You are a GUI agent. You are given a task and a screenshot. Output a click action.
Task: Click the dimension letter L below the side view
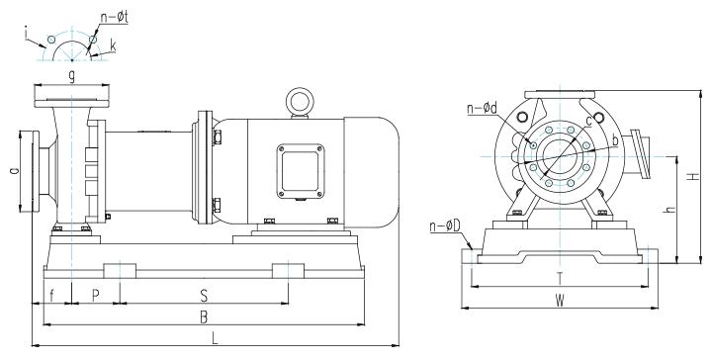pyautogui.click(x=216, y=338)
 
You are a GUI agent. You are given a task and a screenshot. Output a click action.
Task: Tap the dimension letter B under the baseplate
pyautogui.click(x=204, y=317)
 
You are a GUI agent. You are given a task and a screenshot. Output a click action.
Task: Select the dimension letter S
pyautogui.click(x=204, y=296)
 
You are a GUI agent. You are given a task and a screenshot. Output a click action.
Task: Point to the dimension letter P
pyautogui.click(x=95, y=296)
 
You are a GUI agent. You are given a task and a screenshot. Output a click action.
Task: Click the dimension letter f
pyautogui.click(x=51, y=296)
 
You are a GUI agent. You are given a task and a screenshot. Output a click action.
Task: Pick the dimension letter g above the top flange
pyautogui.click(x=72, y=77)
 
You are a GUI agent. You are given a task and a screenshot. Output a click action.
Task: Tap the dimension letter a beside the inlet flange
pyautogui.click(x=14, y=171)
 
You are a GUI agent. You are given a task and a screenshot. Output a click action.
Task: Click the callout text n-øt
pyautogui.click(x=114, y=18)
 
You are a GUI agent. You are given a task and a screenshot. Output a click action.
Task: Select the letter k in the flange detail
pyautogui.click(x=113, y=45)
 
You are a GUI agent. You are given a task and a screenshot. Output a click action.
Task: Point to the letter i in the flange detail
pyautogui.click(x=27, y=34)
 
